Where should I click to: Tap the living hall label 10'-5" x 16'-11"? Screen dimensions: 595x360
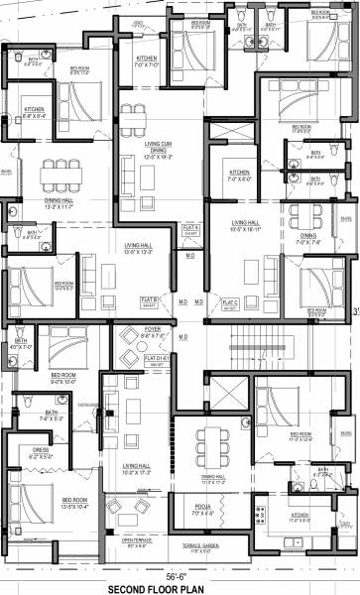[244, 224]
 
